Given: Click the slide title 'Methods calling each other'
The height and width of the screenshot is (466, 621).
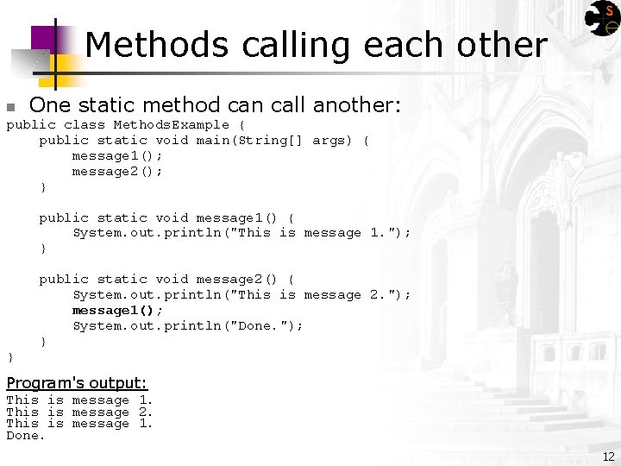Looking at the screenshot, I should pos(316,45).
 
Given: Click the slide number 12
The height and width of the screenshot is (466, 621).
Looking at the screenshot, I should pos(609,456).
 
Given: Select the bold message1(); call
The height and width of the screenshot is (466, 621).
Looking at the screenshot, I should pos(117,310).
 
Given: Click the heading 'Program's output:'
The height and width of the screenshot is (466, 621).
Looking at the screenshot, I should pos(77,382).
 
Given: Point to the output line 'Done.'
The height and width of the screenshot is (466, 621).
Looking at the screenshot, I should pos(25,436).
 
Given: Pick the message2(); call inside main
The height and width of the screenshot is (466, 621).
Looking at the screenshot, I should pos(117,171).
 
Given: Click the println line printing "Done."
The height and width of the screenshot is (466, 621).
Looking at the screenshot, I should pos(187,325).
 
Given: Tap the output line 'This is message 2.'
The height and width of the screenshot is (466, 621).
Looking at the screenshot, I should pos(79,412).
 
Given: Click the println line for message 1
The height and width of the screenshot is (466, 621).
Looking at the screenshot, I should pos(241,232).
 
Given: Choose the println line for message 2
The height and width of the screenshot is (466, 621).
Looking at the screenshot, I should pos(241,294).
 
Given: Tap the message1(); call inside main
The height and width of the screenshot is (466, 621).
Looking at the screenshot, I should pos(117,155).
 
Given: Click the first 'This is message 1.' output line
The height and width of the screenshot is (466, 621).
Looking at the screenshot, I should pos(79,400).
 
